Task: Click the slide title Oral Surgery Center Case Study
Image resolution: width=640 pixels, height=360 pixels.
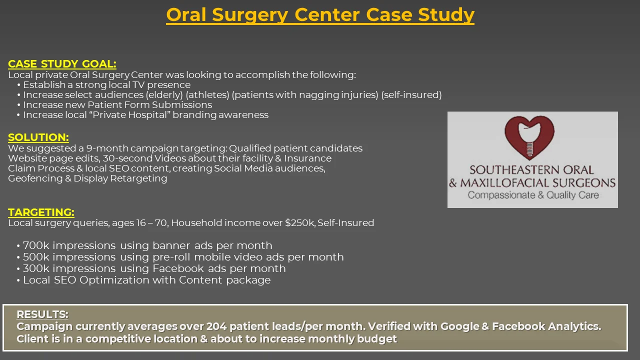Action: pos(320,15)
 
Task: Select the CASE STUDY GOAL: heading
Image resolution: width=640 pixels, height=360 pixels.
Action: pos(62,63)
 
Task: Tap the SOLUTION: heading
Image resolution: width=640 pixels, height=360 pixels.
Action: pos(38,137)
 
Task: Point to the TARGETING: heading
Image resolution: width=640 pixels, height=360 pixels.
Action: pos(41,212)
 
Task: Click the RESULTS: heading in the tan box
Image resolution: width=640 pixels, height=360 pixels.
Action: pos(42,314)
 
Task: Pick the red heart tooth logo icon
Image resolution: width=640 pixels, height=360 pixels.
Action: pos(529,137)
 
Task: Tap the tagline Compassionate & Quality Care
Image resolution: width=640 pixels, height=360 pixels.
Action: pos(533,195)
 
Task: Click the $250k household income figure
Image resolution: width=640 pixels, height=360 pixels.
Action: pos(300,222)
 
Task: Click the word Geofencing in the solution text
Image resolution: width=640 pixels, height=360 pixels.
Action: pos(35,178)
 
